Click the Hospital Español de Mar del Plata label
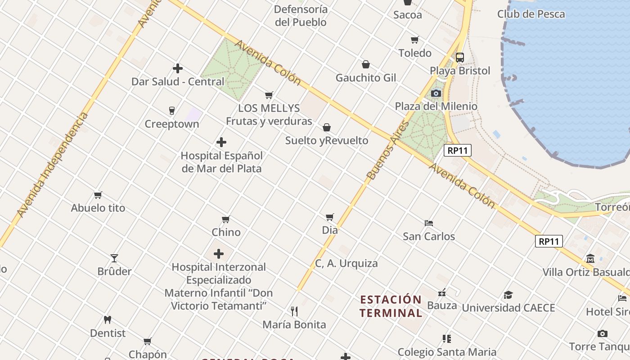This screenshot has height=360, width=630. [221, 162]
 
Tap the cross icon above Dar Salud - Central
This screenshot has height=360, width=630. [178, 68]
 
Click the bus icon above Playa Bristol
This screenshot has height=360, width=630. [459, 58]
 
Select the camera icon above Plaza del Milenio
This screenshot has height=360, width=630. [436, 93]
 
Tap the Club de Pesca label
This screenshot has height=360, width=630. [531, 14]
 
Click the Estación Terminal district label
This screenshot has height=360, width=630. [391, 306]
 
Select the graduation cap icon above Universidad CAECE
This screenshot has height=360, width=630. [508, 295]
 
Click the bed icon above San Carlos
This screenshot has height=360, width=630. [429, 223]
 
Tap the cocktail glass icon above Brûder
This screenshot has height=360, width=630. [114, 258]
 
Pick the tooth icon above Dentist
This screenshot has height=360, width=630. [107, 320]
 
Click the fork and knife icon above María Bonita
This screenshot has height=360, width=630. [294, 311]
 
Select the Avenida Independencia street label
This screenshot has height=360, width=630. [53, 164]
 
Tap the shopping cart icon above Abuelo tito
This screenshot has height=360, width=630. [98, 195]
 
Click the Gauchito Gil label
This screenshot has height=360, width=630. [366, 77]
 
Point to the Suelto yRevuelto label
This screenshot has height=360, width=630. [327, 140]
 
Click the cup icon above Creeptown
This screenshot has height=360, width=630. [171, 110]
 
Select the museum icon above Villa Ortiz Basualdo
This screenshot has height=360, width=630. [590, 259]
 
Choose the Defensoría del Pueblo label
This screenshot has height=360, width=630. [301, 16]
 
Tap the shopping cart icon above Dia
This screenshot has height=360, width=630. [330, 217]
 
